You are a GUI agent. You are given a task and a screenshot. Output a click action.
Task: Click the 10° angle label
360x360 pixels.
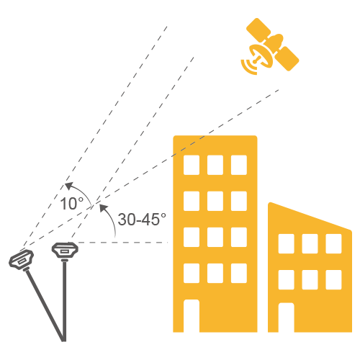click(72, 204)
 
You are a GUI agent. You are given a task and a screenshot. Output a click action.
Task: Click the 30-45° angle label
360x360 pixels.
click(142, 219)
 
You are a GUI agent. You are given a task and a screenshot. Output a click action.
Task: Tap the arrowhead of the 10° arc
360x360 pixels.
click(69, 186)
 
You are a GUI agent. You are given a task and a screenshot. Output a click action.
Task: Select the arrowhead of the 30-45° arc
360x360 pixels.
click(104, 207)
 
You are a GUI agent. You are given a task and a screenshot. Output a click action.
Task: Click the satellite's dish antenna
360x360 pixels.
click(261, 55)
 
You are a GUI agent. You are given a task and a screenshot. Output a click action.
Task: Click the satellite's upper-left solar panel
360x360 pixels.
click(258, 30)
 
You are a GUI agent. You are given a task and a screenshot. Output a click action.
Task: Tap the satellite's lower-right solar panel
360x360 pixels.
click(287, 58)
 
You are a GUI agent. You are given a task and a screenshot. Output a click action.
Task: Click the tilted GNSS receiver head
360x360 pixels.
click(21, 260)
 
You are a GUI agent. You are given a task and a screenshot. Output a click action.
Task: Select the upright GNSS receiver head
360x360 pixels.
click(65, 251)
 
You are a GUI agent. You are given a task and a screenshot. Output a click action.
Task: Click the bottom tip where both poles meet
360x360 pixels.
click(64, 340)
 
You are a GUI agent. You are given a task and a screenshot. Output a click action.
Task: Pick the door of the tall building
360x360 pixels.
click(192, 315)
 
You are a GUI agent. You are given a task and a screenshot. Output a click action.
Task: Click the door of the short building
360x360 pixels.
click(286, 318)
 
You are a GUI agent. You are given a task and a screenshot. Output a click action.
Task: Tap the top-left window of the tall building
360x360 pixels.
click(192, 165)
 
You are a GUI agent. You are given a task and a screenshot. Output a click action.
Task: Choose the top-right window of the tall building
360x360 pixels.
click(239, 165)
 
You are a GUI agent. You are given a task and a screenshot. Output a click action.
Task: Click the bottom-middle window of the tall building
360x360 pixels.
click(215, 273)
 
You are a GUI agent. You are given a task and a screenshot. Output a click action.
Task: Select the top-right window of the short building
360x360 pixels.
click(333, 243)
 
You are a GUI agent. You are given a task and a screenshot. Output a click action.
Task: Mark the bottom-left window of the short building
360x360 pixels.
click(286, 279)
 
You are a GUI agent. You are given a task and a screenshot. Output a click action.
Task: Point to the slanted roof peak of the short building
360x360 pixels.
click(271, 204)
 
